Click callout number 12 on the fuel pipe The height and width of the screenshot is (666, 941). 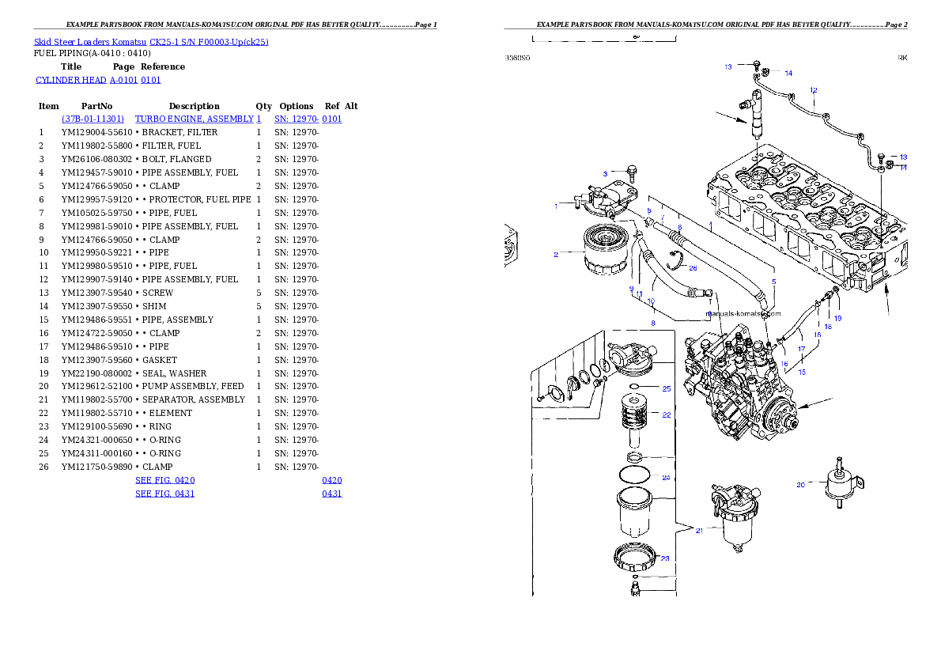tap(813, 90)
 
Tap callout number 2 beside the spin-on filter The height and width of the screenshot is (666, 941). tap(556, 255)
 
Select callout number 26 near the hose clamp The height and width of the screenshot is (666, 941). tap(693, 268)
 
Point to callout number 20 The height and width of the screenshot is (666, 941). tap(800, 485)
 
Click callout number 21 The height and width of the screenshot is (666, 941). tap(699, 531)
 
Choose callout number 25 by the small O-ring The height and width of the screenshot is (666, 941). tap(666, 389)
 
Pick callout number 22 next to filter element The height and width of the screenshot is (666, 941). tap(666, 414)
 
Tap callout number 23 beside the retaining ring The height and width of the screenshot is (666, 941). tap(664, 558)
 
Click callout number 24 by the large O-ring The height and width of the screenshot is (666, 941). tap(666, 478)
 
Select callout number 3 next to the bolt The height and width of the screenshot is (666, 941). tap(605, 173)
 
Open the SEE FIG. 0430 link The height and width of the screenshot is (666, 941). tap(164, 480)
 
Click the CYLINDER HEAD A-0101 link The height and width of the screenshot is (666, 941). tap(99, 81)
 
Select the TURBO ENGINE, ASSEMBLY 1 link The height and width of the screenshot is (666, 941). tap(198, 119)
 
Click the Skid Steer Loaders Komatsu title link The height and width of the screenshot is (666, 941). tap(151, 42)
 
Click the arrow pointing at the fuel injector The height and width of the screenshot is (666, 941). tap(731, 119)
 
